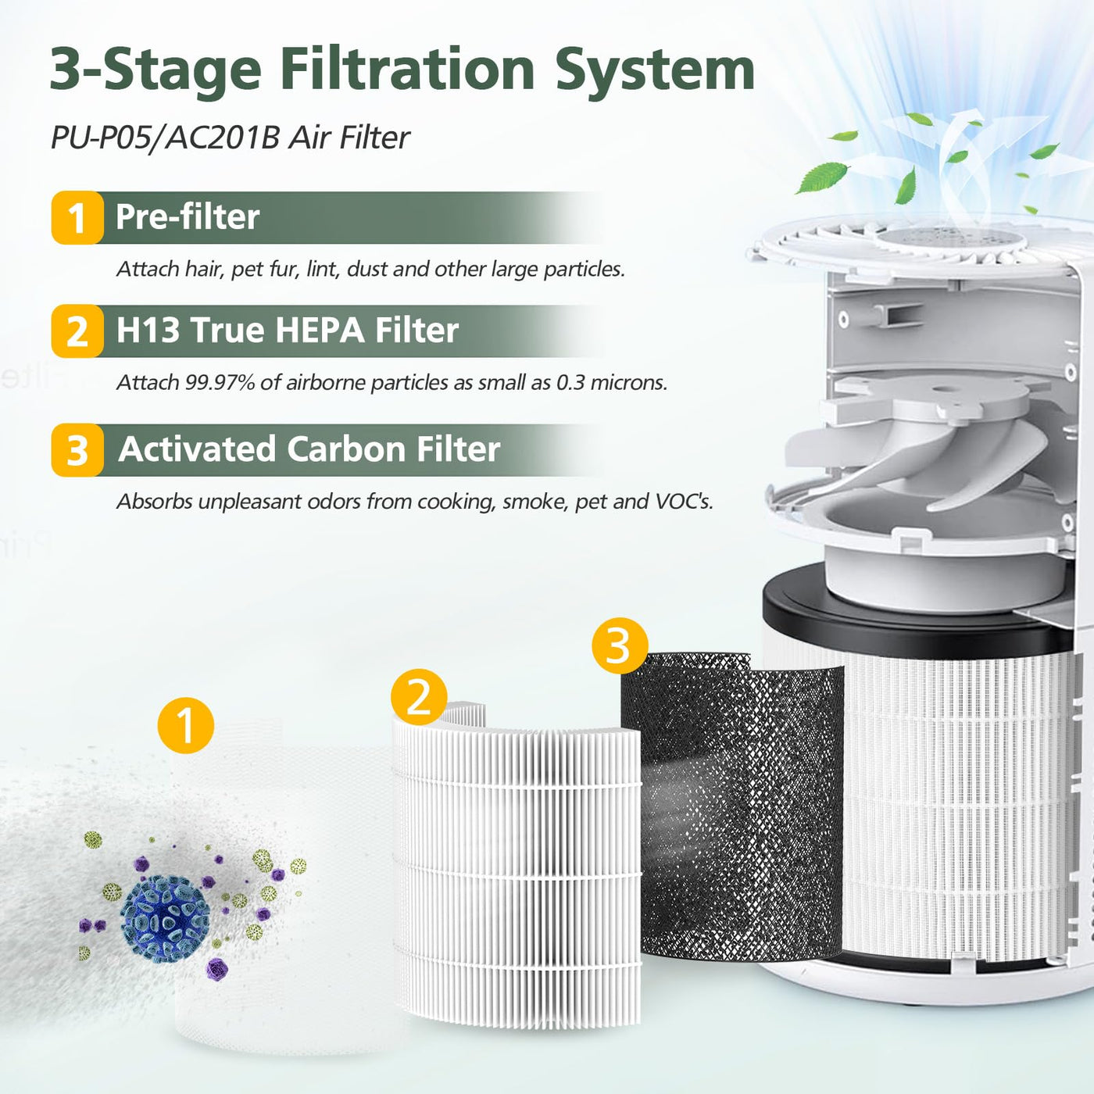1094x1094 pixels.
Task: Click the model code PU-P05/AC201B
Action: coord(165,138)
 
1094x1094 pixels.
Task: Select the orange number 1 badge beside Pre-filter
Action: coord(77,218)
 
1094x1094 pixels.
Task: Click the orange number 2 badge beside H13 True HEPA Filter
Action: coord(77,331)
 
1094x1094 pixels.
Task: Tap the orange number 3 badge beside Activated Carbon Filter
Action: coord(77,450)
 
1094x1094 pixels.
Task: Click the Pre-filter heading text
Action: coord(188,217)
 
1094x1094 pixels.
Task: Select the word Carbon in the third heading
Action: coord(347,449)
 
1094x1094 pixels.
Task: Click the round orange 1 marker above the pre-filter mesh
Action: coord(186,725)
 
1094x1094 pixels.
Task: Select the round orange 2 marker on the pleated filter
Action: coord(419,696)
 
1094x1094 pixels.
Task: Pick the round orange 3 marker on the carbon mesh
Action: coord(620,646)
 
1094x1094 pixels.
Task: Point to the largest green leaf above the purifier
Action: coord(823,177)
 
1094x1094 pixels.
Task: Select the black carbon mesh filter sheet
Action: coord(738,806)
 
